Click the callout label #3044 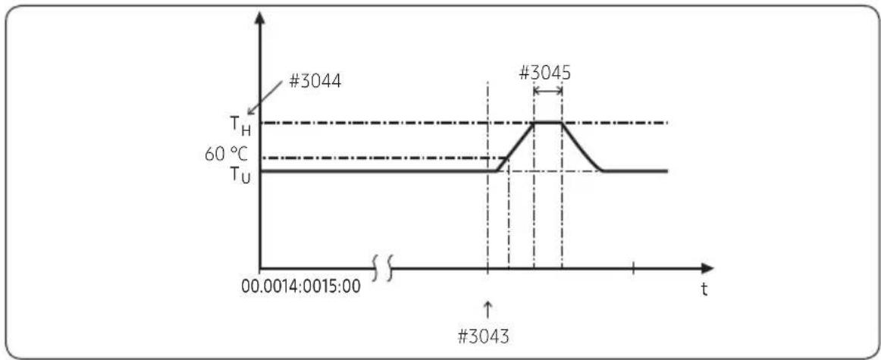315,82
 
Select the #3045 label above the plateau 544,74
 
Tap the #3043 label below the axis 484,337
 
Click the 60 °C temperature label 226,154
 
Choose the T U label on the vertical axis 240,175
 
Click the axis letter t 704,290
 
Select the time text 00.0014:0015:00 300,286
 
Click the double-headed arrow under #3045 548,90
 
